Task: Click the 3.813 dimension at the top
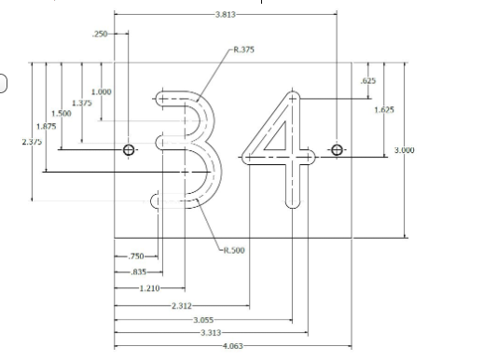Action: point(225,15)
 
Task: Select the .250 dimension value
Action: point(101,34)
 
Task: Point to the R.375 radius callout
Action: point(243,49)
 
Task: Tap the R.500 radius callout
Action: point(233,250)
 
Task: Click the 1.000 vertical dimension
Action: point(102,91)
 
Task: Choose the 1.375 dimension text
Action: point(81,103)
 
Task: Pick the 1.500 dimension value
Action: point(62,114)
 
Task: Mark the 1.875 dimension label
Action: point(46,126)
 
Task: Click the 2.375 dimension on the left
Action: point(31,142)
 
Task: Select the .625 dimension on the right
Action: point(367,81)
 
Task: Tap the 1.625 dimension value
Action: point(383,110)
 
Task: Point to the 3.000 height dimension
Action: point(404,149)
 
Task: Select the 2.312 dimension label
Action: point(182,305)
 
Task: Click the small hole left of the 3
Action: point(129,149)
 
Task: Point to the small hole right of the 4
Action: point(337,149)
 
